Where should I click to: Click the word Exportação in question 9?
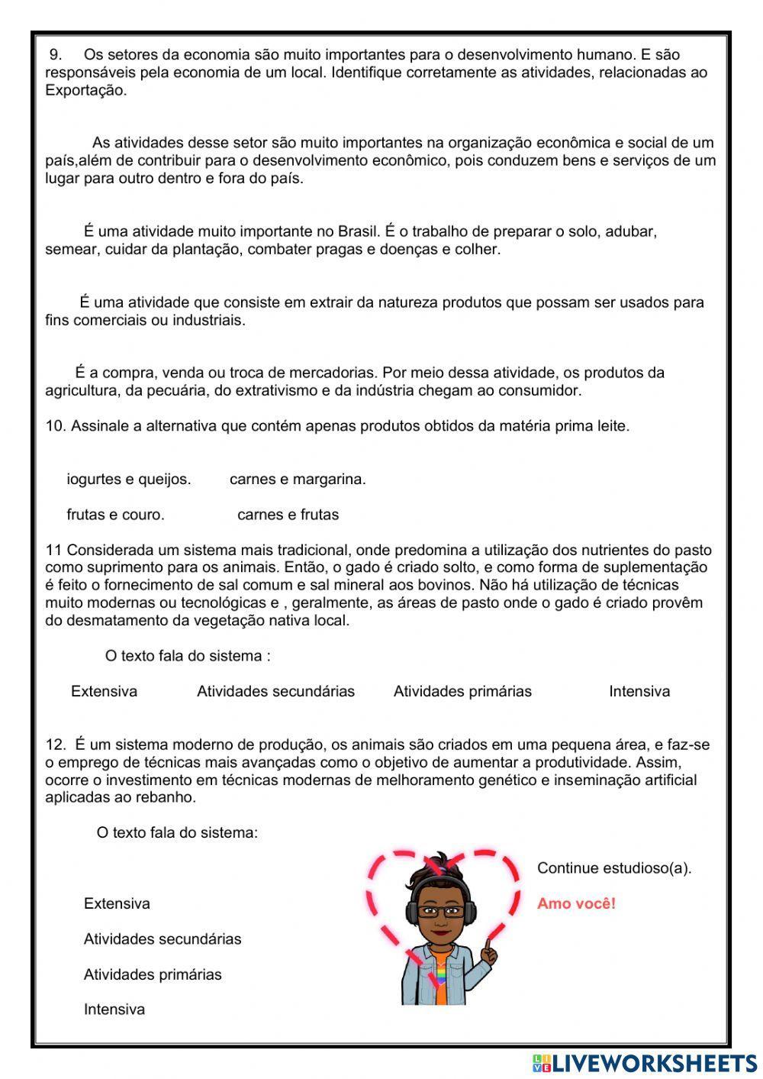point(84,90)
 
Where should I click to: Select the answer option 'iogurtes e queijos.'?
point(128,480)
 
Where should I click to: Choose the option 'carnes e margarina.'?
point(298,480)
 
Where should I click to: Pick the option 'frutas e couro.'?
point(115,515)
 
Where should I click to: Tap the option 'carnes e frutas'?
point(288,515)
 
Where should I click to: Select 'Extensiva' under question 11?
point(104,692)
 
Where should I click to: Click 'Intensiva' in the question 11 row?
point(639,692)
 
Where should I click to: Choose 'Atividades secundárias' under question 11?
point(275,692)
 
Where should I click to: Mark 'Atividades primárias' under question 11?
point(462,692)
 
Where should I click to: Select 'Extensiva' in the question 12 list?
point(117,904)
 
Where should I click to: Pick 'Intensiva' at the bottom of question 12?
point(114,1010)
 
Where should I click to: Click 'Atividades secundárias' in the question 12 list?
point(163,939)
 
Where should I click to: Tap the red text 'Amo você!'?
point(576,904)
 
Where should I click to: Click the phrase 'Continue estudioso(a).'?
point(614,868)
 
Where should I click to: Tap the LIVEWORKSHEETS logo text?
point(652,1063)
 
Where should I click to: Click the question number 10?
point(55,426)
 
